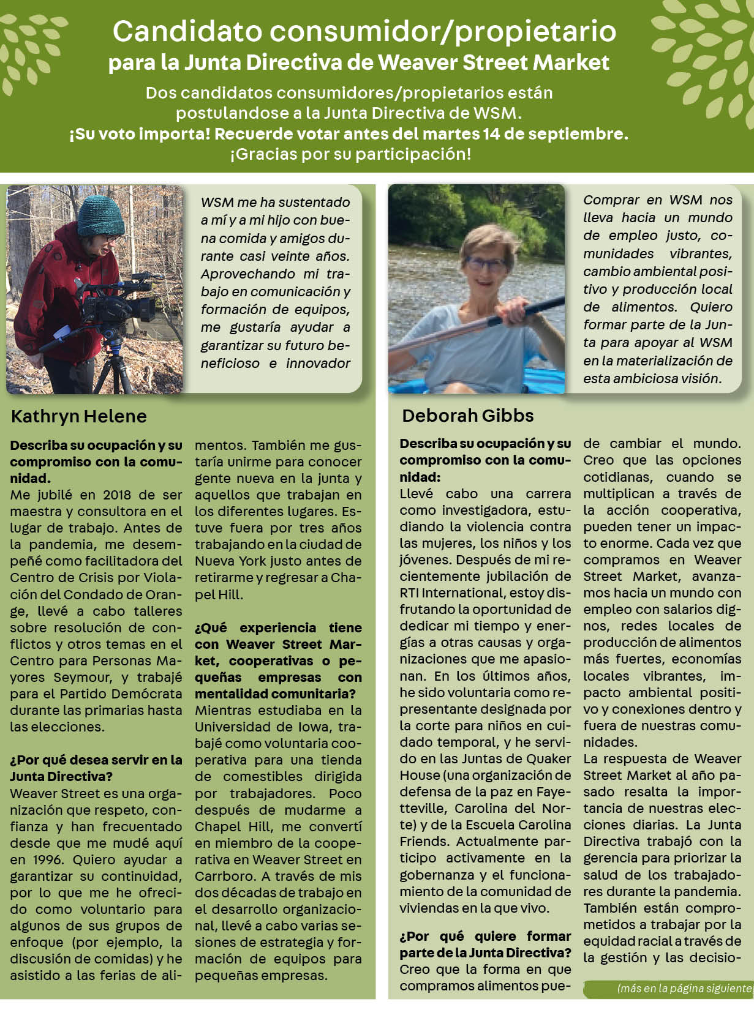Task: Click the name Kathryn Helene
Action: [x=79, y=417]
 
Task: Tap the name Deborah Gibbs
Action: [x=468, y=416]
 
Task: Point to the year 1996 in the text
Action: [x=46, y=859]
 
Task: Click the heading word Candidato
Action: [x=187, y=32]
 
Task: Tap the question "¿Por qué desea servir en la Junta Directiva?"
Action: [x=96, y=768]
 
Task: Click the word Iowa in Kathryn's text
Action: [x=314, y=727]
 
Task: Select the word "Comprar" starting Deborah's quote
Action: [x=609, y=200]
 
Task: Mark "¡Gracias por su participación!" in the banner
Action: [x=350, y=154]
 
